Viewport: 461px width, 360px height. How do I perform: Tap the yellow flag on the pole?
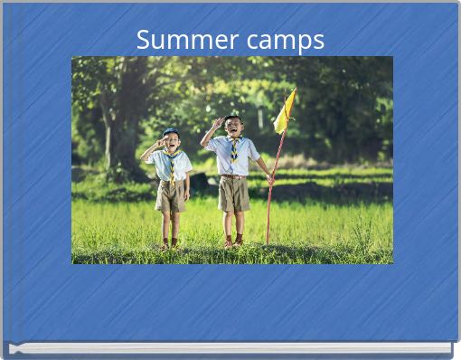285,113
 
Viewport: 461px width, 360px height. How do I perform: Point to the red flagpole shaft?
274,190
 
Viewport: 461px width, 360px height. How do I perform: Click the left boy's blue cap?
170,133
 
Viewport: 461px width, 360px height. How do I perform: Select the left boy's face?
170,142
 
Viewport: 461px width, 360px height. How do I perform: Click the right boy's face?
233,127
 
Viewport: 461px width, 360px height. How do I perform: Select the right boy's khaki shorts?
234,193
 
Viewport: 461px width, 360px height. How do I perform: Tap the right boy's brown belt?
234,176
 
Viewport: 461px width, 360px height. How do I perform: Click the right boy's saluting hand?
218,122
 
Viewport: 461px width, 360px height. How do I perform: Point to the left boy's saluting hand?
159,143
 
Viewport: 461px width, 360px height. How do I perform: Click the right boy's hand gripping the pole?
270,179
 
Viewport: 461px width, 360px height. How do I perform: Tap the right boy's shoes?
233,242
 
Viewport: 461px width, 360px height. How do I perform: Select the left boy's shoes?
169,244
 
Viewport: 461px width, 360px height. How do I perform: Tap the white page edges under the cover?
230,348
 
